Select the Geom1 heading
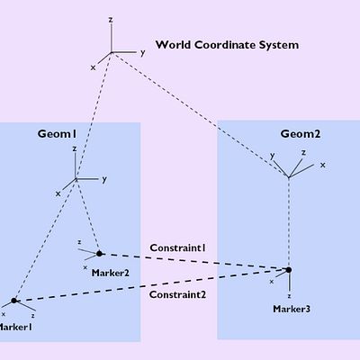click(56, 133)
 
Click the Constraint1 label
click(177, 247)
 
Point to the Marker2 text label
click(110, 272)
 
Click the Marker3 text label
click(292, 309)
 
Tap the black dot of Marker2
click(99, 254)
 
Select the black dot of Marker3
click(289, 269)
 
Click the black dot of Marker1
click(13, 301)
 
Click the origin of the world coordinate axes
click(111, 53)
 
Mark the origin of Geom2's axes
click(289, 176)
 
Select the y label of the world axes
click(142, 53)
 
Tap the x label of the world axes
click(93, 67)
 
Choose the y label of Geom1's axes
click(104, 179)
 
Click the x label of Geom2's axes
click(323, 165)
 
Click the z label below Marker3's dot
click(289, 294)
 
